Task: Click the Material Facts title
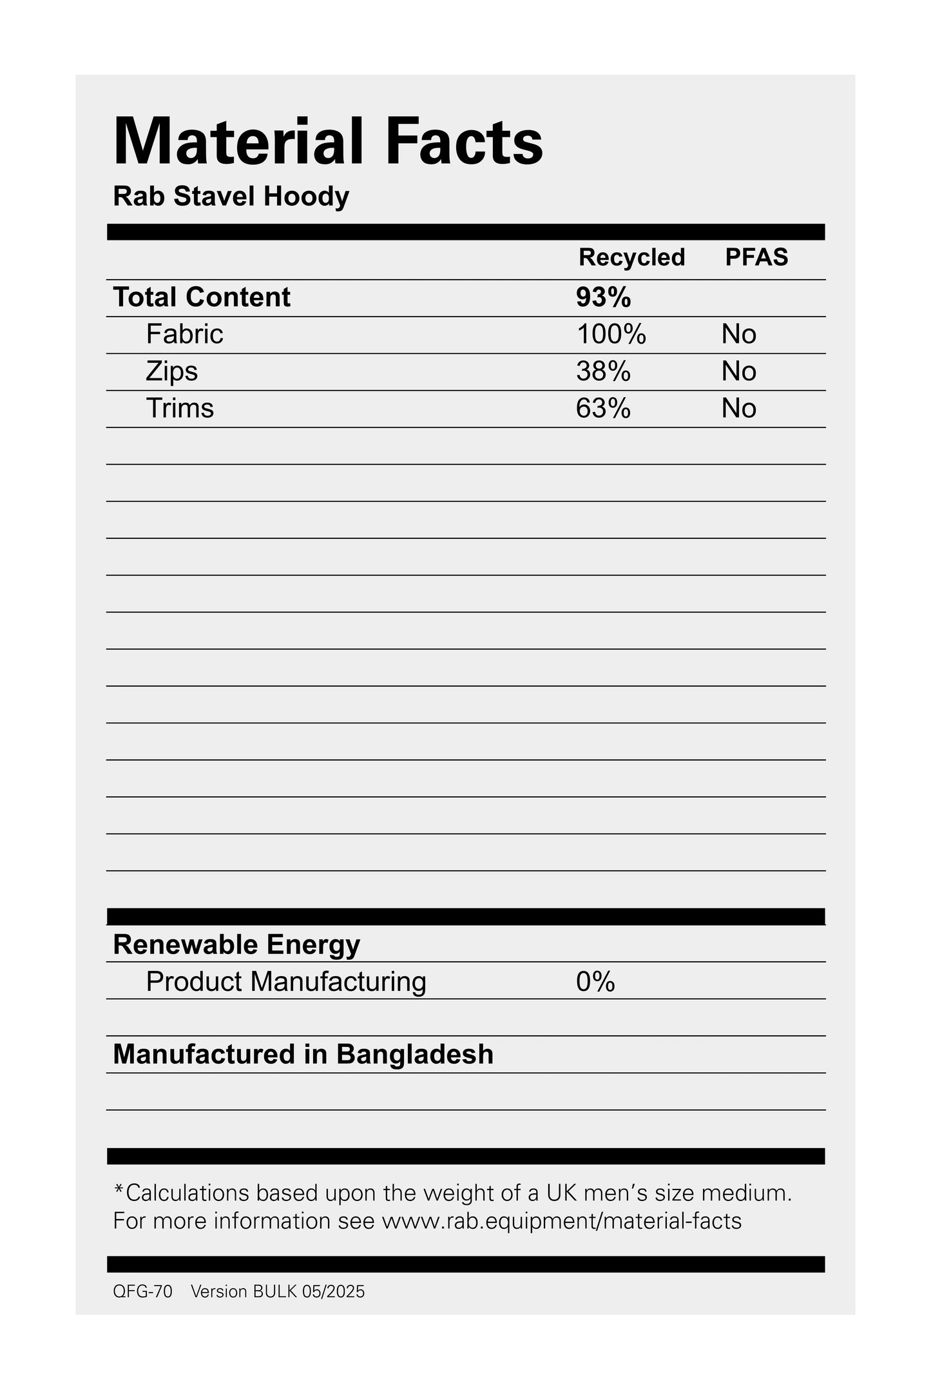click(x=328, y=142)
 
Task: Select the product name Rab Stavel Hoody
click(x=231, y=197)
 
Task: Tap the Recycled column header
click(x=631, y=257)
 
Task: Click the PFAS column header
click(x=756, y=257)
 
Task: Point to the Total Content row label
click(x=202, y=297)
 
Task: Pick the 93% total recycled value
click(x=603, y=297)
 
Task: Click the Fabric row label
click(x=184, y=334)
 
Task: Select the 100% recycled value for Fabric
click(x=611, y=334)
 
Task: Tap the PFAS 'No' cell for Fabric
click(x=738, y=334)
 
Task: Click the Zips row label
click(x=171, y=371)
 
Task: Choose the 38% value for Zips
click(x=603, y=371)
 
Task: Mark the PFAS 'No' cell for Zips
click(x=738, y=371)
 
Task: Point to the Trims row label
click(x=180, y=408)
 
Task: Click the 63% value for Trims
click(x=603, y=408)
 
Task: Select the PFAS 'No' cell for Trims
click(x=738, y=408)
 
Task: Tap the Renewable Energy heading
click(x=236, y=944)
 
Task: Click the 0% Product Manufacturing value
click(x=595, y=981)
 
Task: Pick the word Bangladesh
click(x=415, y=1054)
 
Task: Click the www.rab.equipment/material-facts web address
click(x=562, y=1221)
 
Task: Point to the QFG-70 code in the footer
click(x=142, y=1291)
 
